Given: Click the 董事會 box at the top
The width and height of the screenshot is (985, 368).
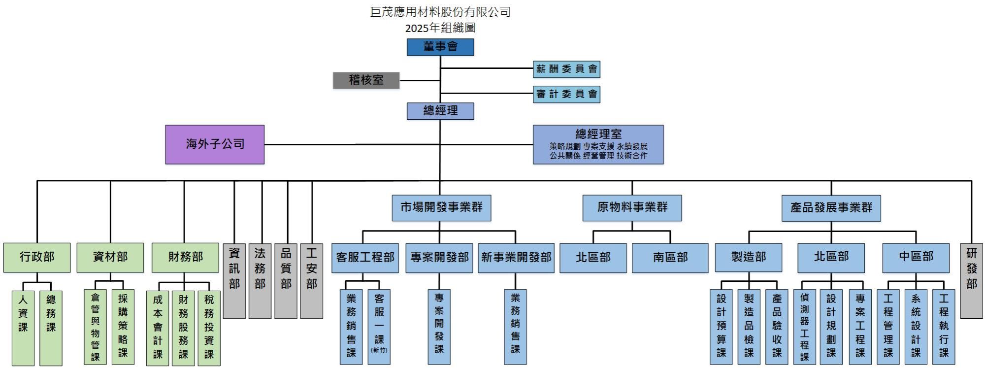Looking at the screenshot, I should pyautogui.click(x=440, y=47).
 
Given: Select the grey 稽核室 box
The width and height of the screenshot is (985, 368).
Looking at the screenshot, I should pyautogui.click(x=366, y=80).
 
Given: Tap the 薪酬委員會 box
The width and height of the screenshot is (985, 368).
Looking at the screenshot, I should pyautogui.click(x=566, y=69).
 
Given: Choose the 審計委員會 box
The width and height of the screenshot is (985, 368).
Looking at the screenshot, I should pyautogui.click(x=566, y=94).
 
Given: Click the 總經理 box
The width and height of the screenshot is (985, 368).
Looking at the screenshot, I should pyautogui.click(x=440, y=111).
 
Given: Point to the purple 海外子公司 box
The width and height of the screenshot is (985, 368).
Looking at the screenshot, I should pyautogui.click(x=215, y=144).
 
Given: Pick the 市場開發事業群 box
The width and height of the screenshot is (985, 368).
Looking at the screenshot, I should pyautogui.click(x=441, y=207).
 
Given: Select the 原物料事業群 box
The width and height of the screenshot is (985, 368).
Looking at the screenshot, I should pyautogui.click(x=632, y=207).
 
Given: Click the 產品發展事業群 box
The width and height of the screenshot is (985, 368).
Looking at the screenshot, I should pyautogui.click(x=831, y=208).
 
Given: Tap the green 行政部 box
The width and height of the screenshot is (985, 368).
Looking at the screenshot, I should pyautogui.click(x=37, y=257).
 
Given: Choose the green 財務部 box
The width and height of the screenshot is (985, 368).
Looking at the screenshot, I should pyautogui.click(x=185, y=257).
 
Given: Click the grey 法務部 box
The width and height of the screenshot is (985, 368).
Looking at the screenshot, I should pyautogui.click(x=260, y=280).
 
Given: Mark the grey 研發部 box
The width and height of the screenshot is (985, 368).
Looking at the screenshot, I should pyautogui.click(x=971, y=280).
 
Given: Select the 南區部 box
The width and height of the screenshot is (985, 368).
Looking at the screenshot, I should pyautogui.click(x=670, y=258).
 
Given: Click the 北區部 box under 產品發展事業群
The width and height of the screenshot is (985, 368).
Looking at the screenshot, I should pyautogui.click(x=831, y=257).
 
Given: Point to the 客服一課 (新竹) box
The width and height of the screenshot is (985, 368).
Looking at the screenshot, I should pyautogui.click(x=379, y=327).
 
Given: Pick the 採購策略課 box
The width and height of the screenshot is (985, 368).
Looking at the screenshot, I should pyautogui.click(x=123, y=327).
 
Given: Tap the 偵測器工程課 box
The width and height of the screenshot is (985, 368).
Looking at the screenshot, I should pyautogui.click(x=804, y=327).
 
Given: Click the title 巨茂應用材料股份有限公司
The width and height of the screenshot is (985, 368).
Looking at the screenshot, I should pyautogui.click(x=440, y=12).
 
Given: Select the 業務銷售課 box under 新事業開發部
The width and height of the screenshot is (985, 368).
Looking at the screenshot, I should pyautogui.click(x=515, y=327).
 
